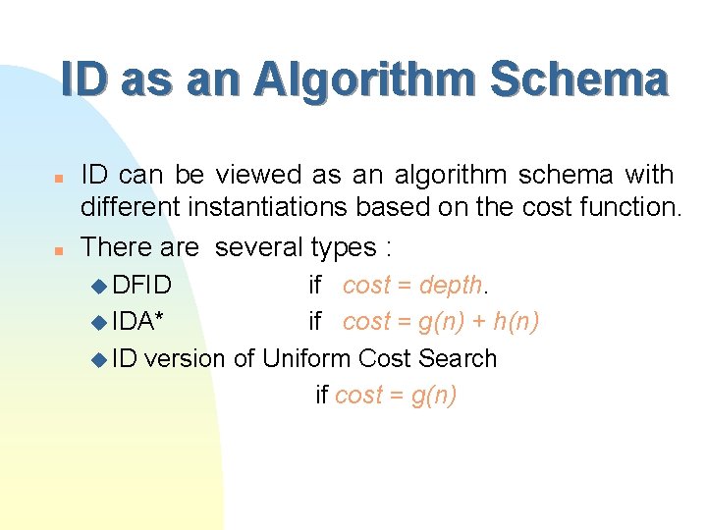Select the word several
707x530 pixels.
[259, 246]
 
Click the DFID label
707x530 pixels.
[142, 285]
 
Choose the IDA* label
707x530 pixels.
[138, 321]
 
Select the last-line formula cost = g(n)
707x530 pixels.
[396, 395]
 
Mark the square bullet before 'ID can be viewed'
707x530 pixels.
[59, 178]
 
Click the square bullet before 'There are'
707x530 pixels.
[59, 249]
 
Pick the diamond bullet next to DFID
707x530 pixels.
[97, 287]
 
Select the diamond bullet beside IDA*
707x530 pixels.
[97, 323]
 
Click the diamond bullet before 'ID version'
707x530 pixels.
[97, 360]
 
